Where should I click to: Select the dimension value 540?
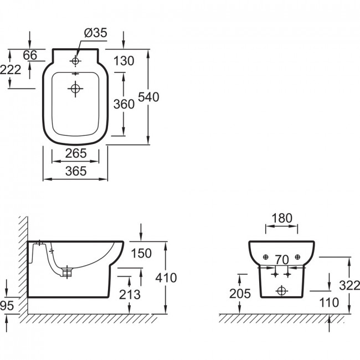pyautogui.click(x=148, y=97)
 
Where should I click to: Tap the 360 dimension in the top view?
pyautogui.click(x=124, y=104)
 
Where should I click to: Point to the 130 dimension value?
pyautogui.click(x=124, y=61)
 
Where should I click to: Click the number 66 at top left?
pyautogui.click(x=30, y=55)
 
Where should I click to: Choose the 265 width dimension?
pyautogui.click(x=75, y=152)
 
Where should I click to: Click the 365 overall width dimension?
pyautogui.click(x=75, y=172)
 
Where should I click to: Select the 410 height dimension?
pyautogui.click(x=166, y=277)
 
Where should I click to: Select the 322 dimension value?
pyautogui.click(x=348, y=285)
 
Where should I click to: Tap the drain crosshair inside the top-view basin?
pyautogui.click(x=75, y=88)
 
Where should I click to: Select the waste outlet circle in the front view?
pyautogui.click(x=281, y=290)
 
